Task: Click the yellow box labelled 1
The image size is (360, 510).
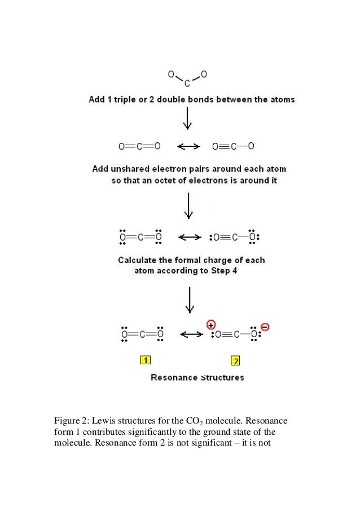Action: pyautogui.click(x=145, y=360)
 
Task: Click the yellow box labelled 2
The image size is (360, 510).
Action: pyautogui.click(x=235, y=360)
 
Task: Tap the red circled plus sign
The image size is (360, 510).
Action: pyautogui.click(x=210, y=325)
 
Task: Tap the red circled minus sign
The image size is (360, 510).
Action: pyautogui.click(x=266, y=326)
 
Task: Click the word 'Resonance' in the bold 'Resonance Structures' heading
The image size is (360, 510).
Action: pyautogui.click(x=173, y=377)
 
